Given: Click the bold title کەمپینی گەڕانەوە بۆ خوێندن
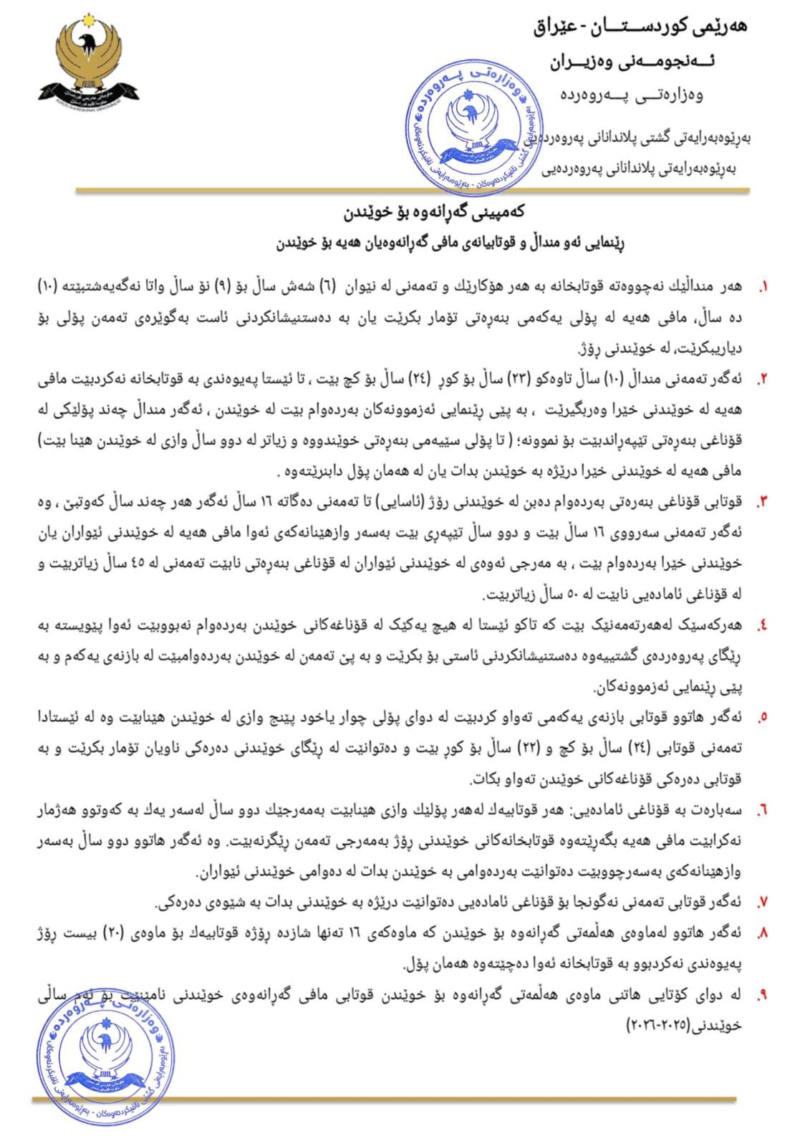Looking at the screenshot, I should (x=434, y=212).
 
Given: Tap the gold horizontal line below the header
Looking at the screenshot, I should (x=413, y=191).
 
